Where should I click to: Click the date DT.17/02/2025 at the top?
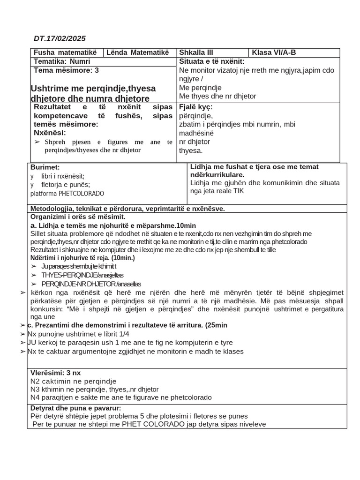[60, 38]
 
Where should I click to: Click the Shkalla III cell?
[196, 52]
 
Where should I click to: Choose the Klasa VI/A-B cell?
[274, 52]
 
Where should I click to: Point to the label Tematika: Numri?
[62, 61]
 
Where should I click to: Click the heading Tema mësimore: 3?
[66, 70]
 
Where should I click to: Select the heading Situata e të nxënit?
[212, 61]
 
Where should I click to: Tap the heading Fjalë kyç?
[196, 107]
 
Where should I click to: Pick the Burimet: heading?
[45, 167]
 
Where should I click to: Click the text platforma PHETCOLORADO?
[67, 194]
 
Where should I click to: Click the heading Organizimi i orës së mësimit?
[78, 217]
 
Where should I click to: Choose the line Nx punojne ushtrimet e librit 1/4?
[78, 334]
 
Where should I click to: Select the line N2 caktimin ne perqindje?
[73, 381]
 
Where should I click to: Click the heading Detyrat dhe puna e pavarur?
[75, 408]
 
